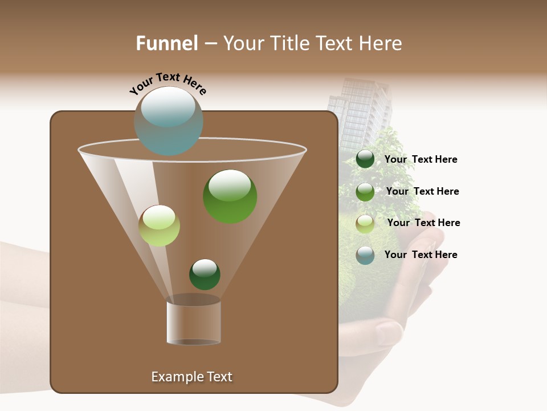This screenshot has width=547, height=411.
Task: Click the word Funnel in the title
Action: click(x=167, y=43)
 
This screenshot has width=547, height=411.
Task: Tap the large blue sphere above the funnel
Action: click(x=168, y=121)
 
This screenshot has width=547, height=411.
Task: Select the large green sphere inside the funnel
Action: click(x=230, y=196)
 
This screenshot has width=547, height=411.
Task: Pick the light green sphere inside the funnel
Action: click(x=159, y=225)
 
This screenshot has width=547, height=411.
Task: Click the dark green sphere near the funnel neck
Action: click(x=205, y=274)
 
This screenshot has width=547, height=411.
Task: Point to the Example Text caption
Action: click(x=191, y=377)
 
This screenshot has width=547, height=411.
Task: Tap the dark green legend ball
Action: click(x=365, y=159)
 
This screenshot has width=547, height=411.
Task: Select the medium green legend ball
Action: click(x=365, y=192)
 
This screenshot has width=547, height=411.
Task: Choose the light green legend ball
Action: click(x=365, y=224)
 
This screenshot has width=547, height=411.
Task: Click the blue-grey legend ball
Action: click(x=365, y=255)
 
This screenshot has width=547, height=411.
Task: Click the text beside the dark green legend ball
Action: click(x=421, y=160)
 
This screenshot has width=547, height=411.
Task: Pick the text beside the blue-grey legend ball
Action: click(x=421, y=255)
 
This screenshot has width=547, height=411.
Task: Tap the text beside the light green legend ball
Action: click(x=423, y=223)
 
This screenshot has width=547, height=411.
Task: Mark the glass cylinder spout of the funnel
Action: click(x=193, y=323)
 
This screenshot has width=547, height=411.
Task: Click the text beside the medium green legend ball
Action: click(x=422, y=191)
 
